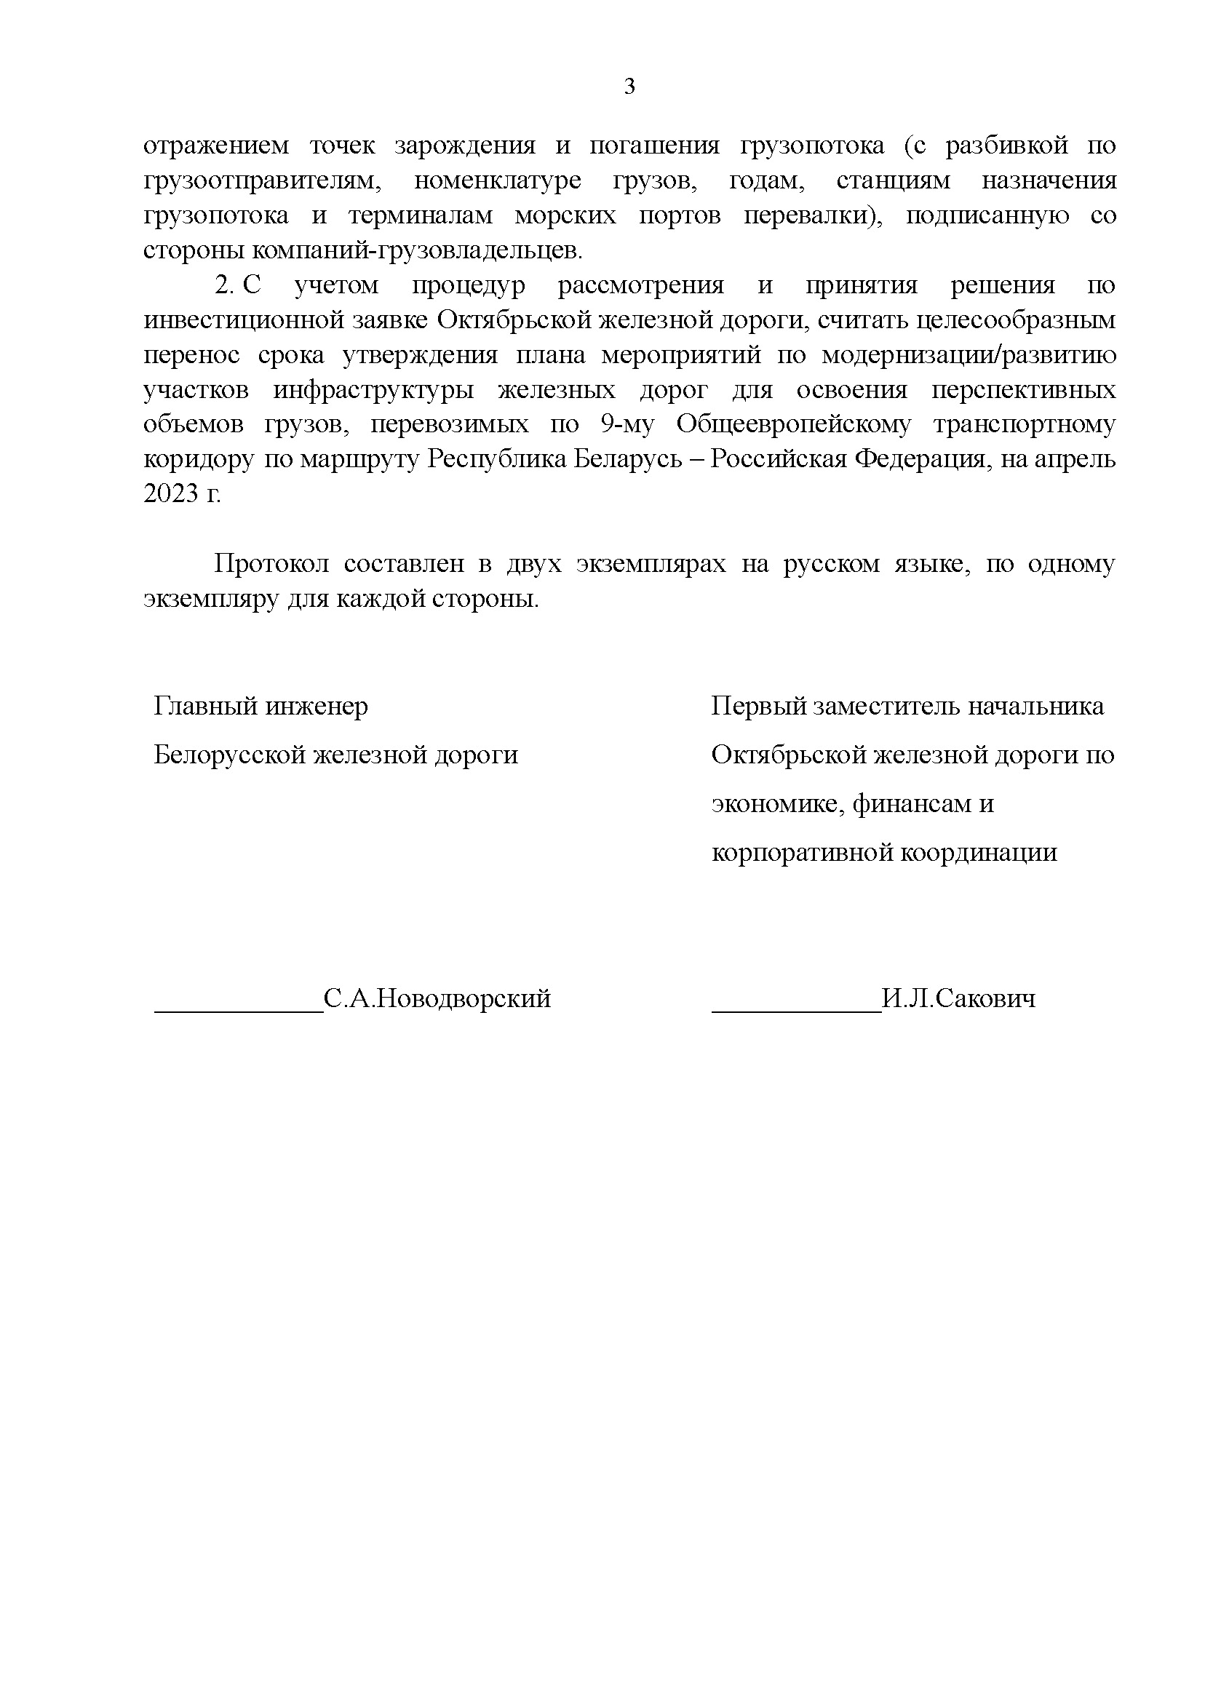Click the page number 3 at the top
(629, 87)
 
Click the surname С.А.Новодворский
(437, 998)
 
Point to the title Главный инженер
(261, 707)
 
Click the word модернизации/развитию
(968, 354)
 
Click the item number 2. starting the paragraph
(224, 286)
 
